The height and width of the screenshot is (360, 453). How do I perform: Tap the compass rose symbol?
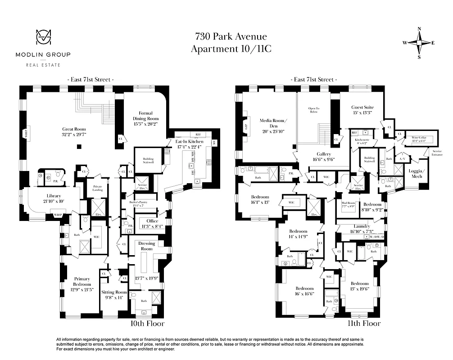(419, 43)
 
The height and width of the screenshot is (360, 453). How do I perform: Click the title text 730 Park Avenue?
(231, 37)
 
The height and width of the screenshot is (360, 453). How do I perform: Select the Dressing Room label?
(147, 246)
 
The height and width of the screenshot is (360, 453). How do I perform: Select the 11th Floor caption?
(364, 324)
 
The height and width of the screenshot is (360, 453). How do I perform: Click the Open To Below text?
(313, 110)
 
